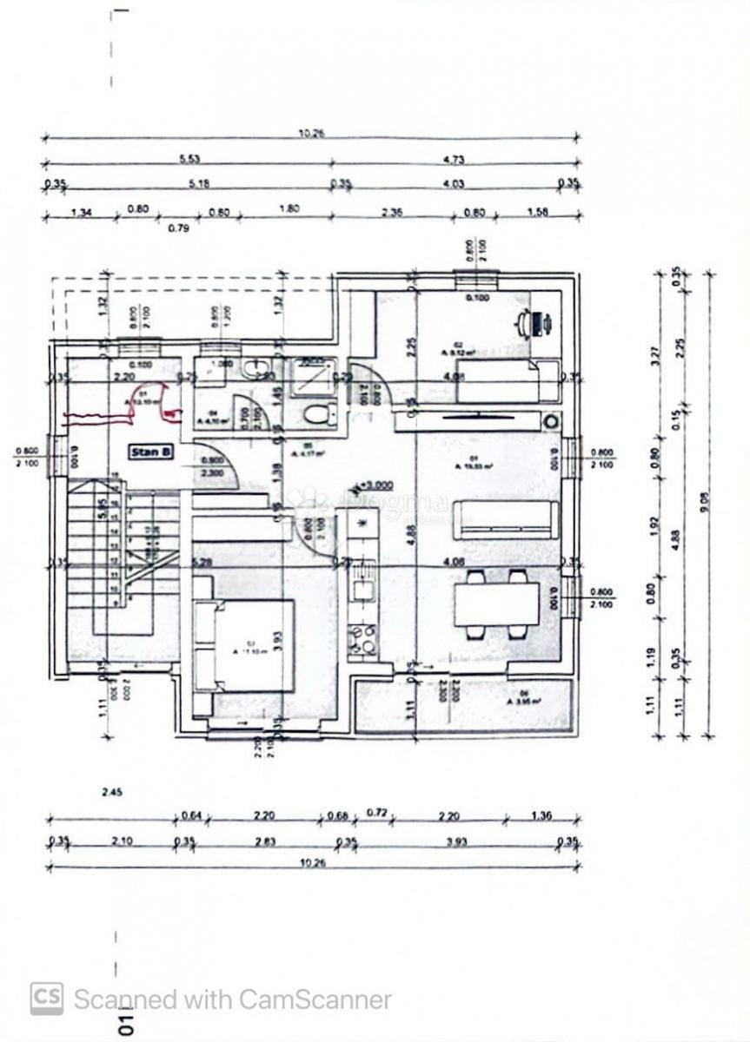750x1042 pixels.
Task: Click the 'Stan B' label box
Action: coord(151,452)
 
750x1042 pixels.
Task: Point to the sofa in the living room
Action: coord(507,519)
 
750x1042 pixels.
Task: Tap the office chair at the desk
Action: coord(527,323)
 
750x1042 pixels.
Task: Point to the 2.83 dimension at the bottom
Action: coord(264,841)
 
